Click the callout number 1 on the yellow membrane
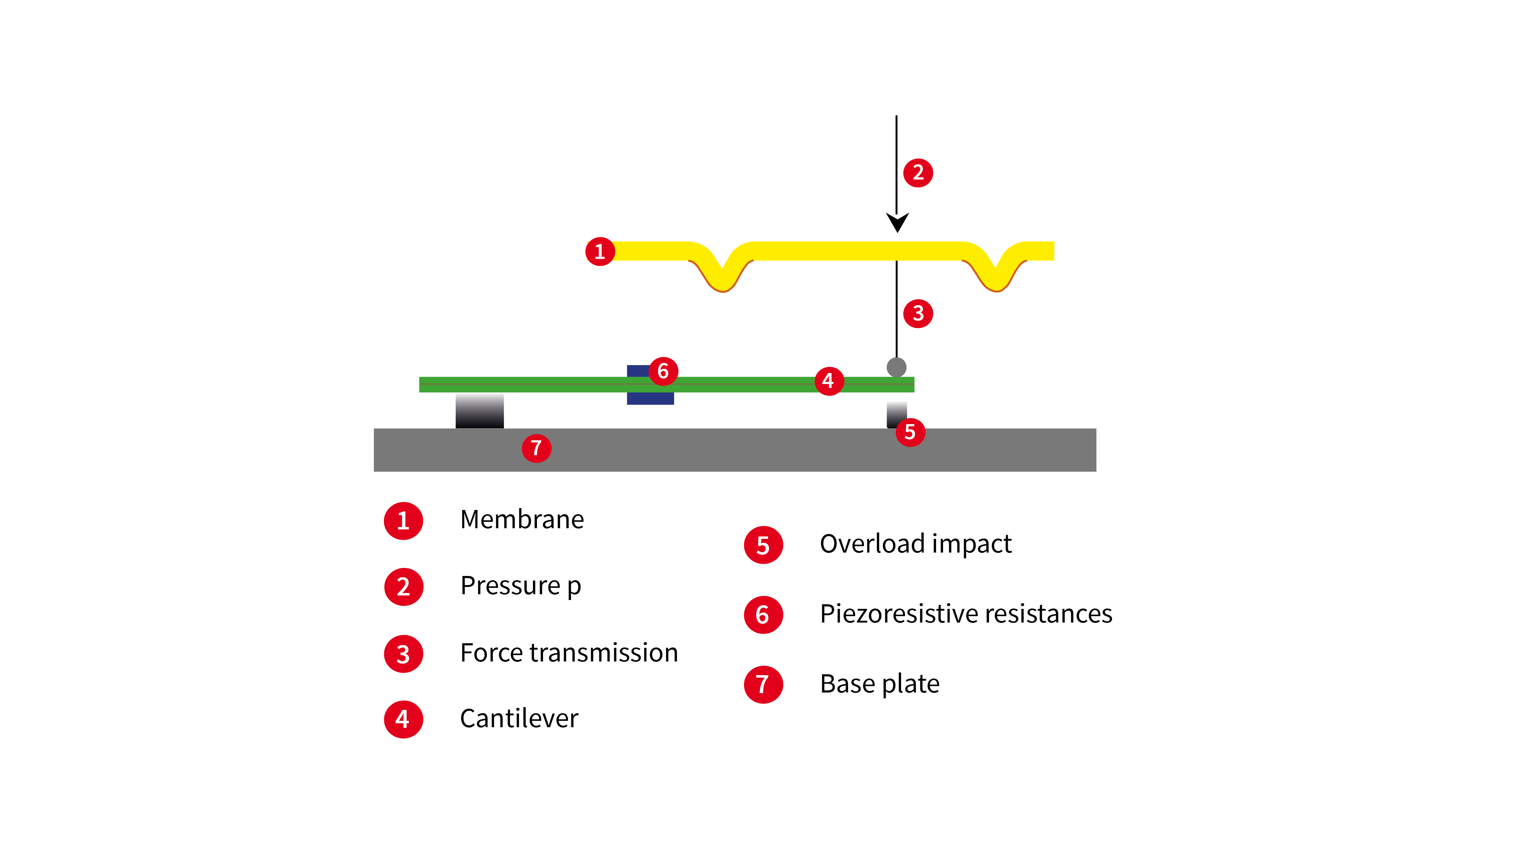[x=600, y=252]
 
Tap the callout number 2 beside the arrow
[x=918, y=173]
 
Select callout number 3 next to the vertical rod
[x=918, y=313]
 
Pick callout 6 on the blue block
[x=663, y=371]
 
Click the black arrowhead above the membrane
[x=897, y=223]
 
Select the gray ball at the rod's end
[x=896, y=367]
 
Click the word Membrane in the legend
[x=522, y=520]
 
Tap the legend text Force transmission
[x=569, y=653]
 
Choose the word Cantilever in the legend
[x=519, y=719]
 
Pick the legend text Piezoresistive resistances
[x=966, y=614]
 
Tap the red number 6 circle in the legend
[x=763, y=615]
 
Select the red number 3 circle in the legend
[x=404, y=654]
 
